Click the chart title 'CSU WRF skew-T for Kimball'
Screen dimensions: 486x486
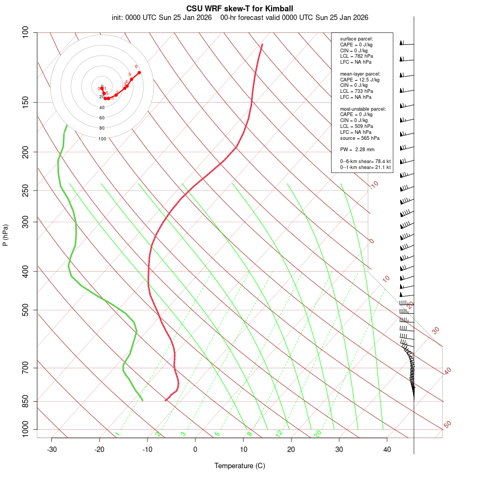click(x=240, y=9)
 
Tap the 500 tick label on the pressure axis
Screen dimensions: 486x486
click(x=25, y=310)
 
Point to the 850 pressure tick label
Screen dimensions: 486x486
click(x=25, y=401)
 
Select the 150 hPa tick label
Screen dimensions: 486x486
click(x=25, y=102)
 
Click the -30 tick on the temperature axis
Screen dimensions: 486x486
click(x=52, y=449)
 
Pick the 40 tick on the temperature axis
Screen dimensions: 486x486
click(x=387, y=449)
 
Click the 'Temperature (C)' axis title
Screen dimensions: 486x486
click(x=240, y=465)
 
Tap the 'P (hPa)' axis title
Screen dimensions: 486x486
click(x=5, y=235)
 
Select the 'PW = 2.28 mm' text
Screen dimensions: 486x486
click(x=357, y=150)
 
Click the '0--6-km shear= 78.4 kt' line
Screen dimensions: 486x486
click(x=365, y=161)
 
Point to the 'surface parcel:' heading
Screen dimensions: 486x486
click(x=356, y=39)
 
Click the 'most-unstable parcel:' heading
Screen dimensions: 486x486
click(x=363, y=109)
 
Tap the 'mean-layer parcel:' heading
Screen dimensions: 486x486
click(x=360, y=74)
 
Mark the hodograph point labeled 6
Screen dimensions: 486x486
click(x=139, y=72)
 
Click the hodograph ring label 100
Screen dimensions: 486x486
click(x=102, y=139)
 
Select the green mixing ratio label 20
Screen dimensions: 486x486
click(x=318, y=434)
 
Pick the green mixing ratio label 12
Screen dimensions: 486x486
click(x=279, y=434)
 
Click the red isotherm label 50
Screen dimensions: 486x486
click(x=447, y=425)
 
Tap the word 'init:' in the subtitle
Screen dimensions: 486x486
click(x=117, y=17)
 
